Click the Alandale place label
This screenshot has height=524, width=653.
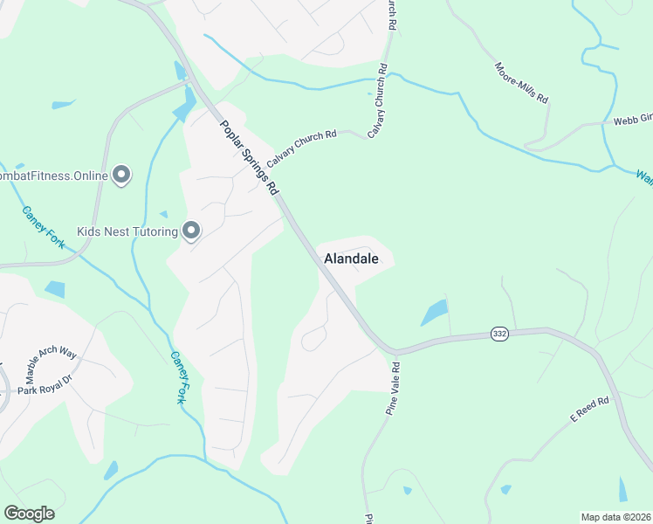click(x=351, y=259)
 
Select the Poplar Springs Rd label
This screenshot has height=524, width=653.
click(x=250, y=158)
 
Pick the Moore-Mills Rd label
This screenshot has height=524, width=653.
click(x=521, y=83)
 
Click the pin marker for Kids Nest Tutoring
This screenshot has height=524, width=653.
click(x=191, y=231)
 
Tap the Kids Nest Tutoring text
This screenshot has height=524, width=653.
click(x=127, y=232)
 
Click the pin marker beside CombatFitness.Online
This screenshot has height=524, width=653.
click(x=121, y=176)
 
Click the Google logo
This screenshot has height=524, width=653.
click(x=29, y=514)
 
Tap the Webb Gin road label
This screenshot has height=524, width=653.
click(x=633, y=122)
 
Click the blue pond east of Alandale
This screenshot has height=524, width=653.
click(x=435, y=312)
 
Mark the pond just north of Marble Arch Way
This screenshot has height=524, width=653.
click(x=54, y=289)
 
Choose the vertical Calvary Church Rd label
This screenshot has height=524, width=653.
click(x=381, y=99)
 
